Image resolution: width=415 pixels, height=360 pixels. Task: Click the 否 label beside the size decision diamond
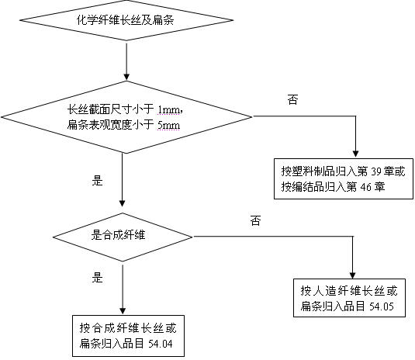point(292,99)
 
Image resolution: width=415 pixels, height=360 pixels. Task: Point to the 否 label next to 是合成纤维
point(255,221)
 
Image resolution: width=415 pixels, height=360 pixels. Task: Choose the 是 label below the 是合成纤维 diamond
point(97,275)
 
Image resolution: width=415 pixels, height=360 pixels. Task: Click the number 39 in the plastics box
point(371,173)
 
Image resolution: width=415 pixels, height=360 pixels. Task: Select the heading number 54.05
point(383,307)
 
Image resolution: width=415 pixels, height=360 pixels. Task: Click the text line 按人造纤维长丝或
point(349,292)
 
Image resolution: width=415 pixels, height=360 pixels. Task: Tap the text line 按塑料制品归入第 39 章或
point(343,173)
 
